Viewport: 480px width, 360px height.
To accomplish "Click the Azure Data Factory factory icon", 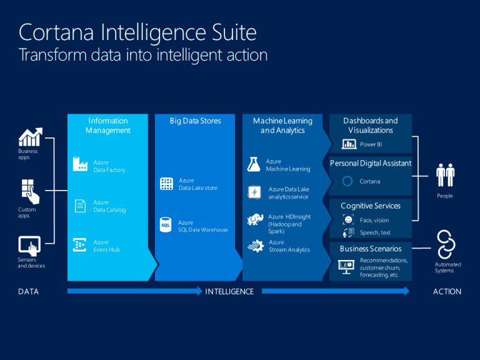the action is (80, 164).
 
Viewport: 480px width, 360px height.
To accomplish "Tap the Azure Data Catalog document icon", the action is (80, 206).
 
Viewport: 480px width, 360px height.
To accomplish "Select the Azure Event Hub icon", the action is (79, 245).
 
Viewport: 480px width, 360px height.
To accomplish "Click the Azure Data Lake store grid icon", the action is (166, 184).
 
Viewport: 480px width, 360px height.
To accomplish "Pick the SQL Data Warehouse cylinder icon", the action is (166, 225).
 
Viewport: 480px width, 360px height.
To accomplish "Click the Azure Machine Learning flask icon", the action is (254, 164).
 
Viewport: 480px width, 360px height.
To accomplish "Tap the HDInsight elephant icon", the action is (255, 219).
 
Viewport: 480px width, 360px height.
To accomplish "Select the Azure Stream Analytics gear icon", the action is (256, 246).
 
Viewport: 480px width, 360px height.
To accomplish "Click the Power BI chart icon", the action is (349, 144).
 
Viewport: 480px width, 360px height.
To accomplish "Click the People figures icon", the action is (446, 175).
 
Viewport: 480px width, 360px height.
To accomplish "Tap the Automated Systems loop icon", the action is (446, 245).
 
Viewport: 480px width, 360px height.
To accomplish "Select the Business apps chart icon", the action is (30, 137).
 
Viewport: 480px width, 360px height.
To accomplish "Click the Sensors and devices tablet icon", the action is (29, 246).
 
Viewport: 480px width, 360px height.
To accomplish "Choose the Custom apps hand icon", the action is (30, 192).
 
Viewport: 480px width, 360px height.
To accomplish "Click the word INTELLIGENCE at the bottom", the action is (229, 292).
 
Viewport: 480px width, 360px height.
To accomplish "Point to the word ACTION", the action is (447, 292).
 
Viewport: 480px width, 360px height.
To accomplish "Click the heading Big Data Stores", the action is (195, 121).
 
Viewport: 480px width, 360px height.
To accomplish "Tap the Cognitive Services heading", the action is (371, 206).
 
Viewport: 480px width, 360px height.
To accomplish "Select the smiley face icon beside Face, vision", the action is (348, 219).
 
